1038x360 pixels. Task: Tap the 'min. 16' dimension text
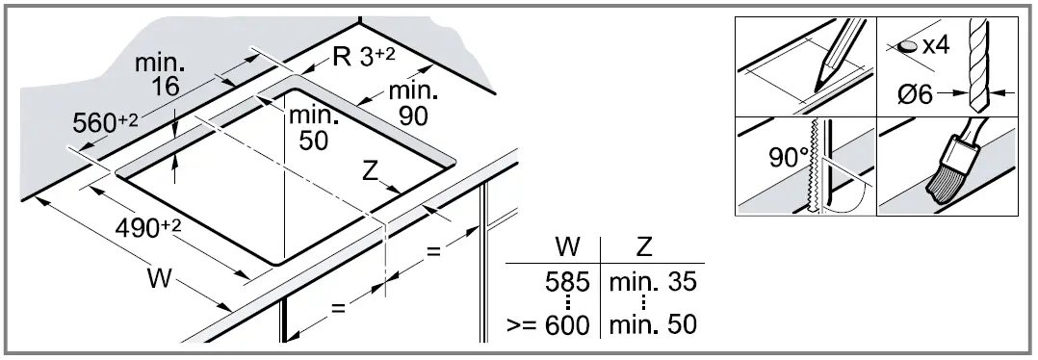pos(160,75)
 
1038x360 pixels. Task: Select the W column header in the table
pos(568,246)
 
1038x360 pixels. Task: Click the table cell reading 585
pos(567,285)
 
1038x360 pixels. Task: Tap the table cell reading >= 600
pos(547,324)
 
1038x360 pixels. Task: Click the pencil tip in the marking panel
pos(821,83)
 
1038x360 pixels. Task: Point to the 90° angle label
pos(787,155)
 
